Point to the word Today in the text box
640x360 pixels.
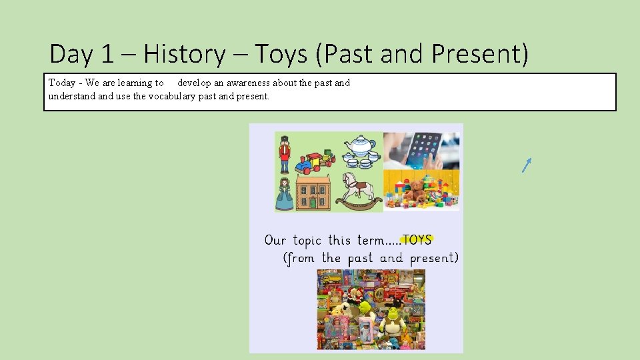coord(61,83)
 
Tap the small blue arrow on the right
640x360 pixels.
coord(527,165)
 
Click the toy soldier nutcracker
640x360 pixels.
coord(285,153)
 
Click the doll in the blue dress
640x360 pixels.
coord(285,194)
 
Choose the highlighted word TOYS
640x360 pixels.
coord(417,239)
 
